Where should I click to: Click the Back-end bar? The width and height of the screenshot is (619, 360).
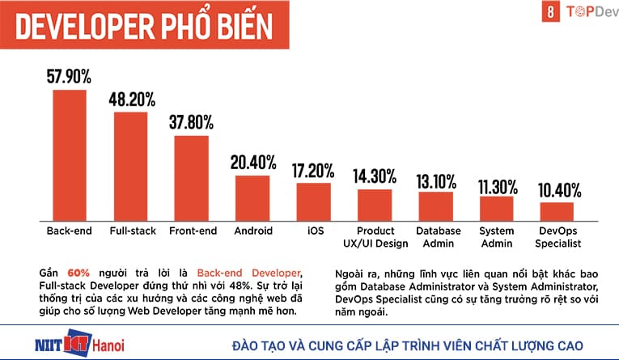tap(69, 154)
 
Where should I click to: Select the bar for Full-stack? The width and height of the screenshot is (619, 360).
tap(130, 165)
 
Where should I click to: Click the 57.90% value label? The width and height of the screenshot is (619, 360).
tap(69, 78)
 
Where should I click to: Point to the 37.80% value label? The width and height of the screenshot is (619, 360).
tap(191, 123)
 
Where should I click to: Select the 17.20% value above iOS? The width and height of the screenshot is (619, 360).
tap(313, 171)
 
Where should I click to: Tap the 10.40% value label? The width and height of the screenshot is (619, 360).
tap(558, 190)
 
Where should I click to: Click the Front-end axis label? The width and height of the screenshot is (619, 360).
tap(193, 231)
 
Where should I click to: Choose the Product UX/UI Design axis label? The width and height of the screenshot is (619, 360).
tap(375, 237)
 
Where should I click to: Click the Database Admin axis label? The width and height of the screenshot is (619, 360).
tap(438, 237)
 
